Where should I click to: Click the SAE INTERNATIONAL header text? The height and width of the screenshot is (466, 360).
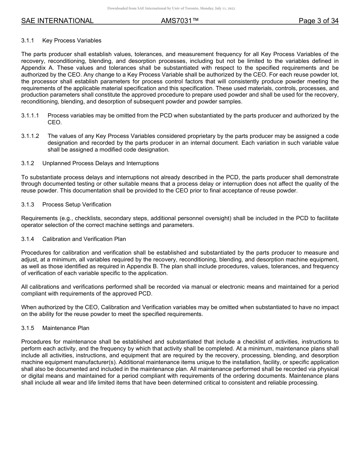(x=57, y=21)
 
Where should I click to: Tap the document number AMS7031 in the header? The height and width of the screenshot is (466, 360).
(x=180, y=21)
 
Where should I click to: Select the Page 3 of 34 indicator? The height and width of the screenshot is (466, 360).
(x=318, y=21)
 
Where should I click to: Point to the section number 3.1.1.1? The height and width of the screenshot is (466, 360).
(x=30, y=116)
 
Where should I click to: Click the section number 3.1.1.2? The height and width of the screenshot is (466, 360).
(x=30, y=136)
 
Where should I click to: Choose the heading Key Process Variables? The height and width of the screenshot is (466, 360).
(x=72, y=40)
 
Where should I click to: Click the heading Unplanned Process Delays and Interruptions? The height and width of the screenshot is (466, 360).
(x=100, y=163)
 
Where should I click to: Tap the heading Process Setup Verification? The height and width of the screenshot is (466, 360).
(x=77, y=205)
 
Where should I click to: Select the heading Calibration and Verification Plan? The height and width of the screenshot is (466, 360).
(x=84, y=239)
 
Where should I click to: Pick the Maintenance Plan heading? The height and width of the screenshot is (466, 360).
(x=66, y=328)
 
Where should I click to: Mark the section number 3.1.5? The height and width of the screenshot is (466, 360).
(x=28, y=328)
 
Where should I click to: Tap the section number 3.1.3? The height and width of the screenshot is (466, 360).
(x=28, y=205)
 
